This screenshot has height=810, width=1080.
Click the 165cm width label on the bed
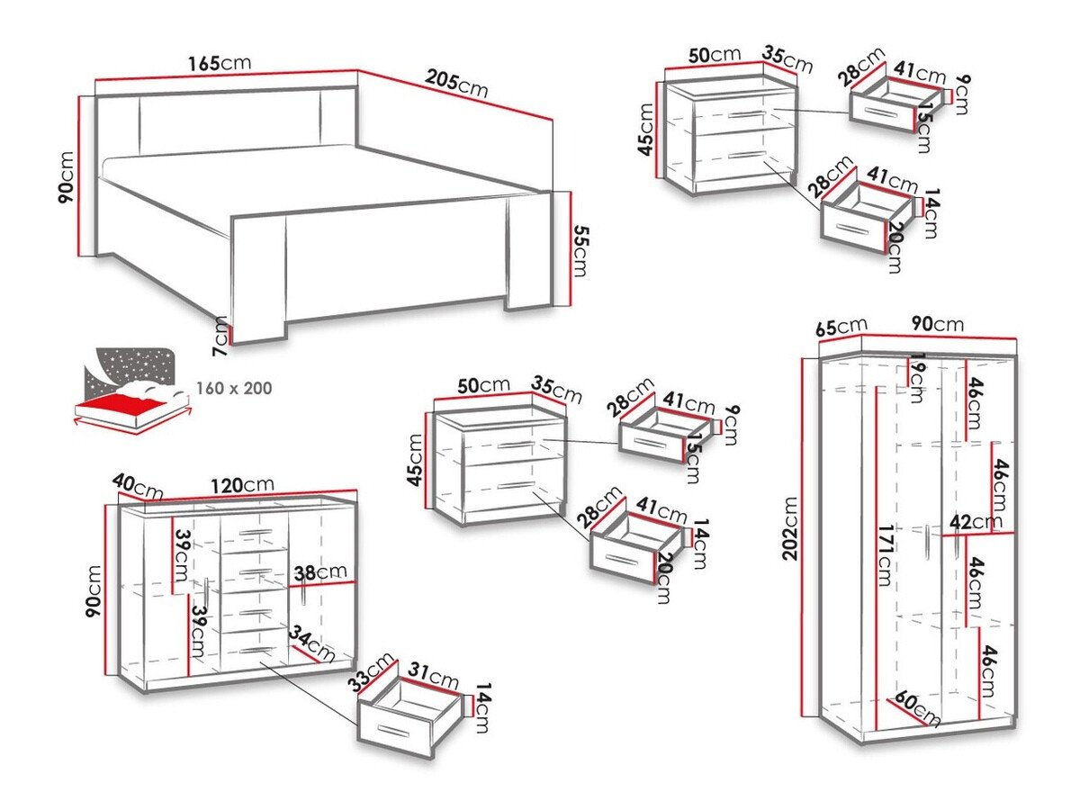tap(220, 64)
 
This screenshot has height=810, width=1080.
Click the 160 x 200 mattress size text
tap(234, 389)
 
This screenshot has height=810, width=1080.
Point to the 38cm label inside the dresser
tap(319, 571)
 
